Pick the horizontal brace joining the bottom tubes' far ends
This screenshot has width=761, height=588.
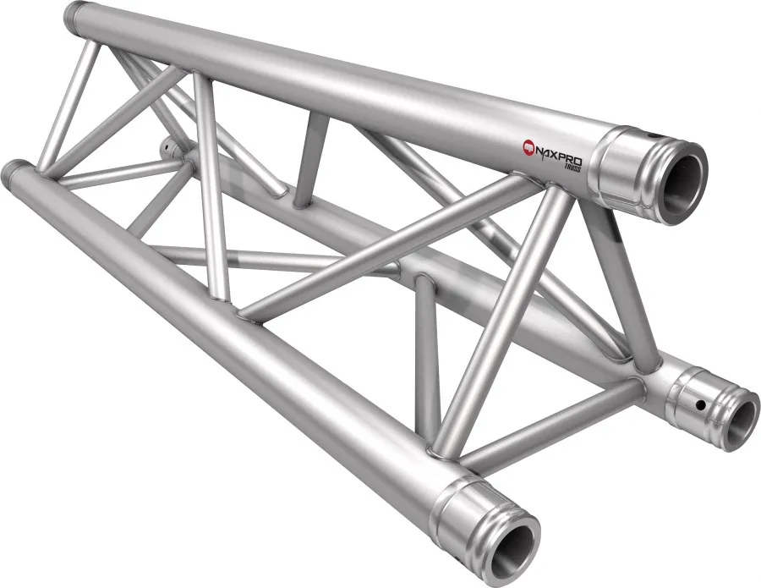pos(114,173)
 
